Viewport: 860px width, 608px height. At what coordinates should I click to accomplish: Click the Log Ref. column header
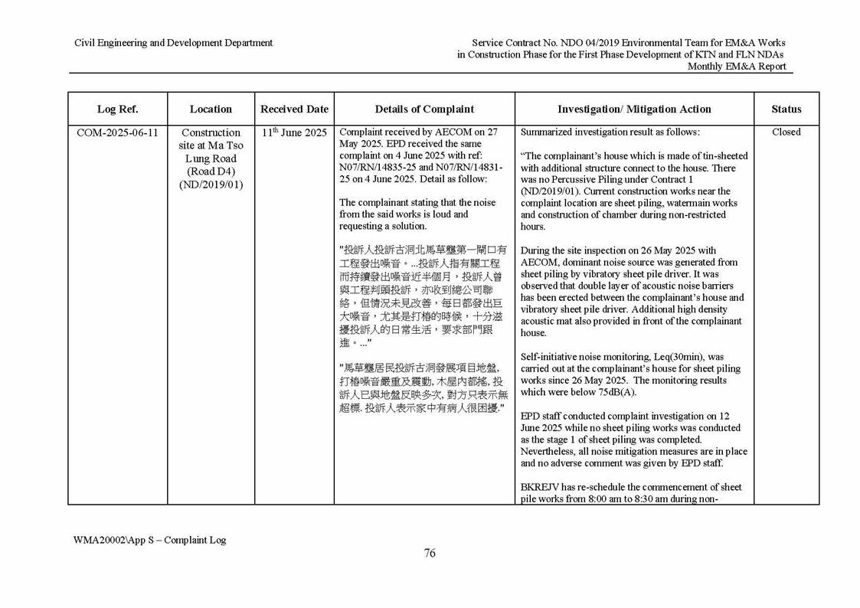[x=117, y=110]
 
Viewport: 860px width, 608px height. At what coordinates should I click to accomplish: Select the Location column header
[x=211, y=110]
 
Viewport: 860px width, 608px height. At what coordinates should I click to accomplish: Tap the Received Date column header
[x=294, y=110]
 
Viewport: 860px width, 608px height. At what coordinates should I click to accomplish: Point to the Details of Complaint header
[x=424, y=110]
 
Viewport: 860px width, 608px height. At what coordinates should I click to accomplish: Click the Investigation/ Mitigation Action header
[x=634, y=110]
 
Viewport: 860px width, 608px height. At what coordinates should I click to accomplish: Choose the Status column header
[x=786, y=110]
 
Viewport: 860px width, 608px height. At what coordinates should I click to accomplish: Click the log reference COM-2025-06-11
[x=117, y=132]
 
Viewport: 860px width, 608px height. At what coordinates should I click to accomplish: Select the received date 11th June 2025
[x=294, y=132]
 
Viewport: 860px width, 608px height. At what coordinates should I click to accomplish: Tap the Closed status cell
[x=786, y=132]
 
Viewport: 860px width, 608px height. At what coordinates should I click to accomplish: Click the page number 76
[x=430, y=554]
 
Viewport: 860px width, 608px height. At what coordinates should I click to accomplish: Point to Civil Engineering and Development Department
[x=173, y=43]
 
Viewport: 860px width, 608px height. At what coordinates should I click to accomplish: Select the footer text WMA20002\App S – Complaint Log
[x=150, y=540]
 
